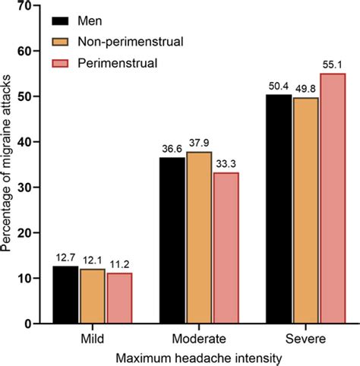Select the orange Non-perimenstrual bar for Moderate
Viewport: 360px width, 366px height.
coord(199,238)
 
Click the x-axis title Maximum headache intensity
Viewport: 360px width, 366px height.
coord(199,355)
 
